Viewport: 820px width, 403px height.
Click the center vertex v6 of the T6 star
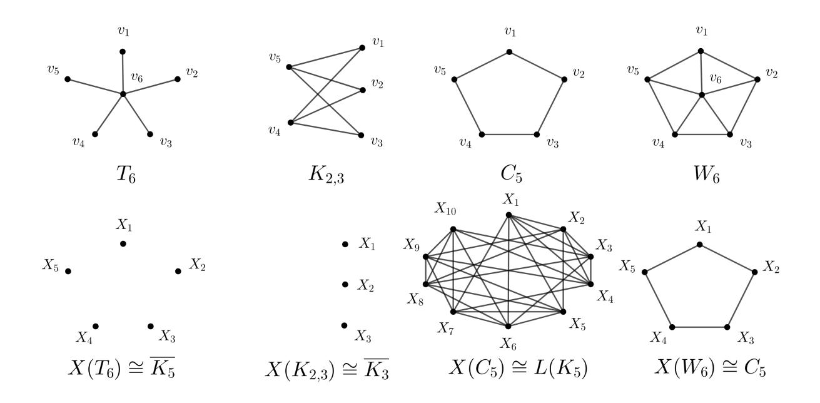tap(123, 94)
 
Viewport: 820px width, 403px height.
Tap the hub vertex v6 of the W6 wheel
tap(702, 95)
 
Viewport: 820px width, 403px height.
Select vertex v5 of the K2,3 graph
tap(289, 67)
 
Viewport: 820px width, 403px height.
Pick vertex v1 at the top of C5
tap(509, 52)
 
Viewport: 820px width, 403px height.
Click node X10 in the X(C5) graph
tap(453, 229)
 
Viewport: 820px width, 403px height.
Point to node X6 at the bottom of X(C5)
tap(508, 326)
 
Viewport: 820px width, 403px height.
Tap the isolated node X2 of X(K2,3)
tap(345, 284)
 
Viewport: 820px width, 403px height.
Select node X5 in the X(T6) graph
tap(68, 271)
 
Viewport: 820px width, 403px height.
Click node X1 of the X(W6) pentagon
tap(699, 244)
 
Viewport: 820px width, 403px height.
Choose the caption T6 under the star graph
tap(126, 175)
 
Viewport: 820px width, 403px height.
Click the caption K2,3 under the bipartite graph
tap(326, 175)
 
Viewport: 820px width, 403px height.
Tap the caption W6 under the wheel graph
tap(707, 175)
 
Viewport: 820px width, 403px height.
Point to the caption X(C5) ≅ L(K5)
tap(518, 367)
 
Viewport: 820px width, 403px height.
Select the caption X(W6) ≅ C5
tap(710, 367)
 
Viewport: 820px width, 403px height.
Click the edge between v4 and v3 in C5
tap(509, 135)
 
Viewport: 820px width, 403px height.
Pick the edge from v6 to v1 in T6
tap(123, 73)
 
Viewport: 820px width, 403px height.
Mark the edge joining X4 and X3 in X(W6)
tap(699, 327)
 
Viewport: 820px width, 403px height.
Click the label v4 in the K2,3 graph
tap(275, 130)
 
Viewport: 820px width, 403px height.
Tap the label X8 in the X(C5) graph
tap(415, 299)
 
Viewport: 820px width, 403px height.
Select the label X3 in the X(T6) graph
tap(167, 336)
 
